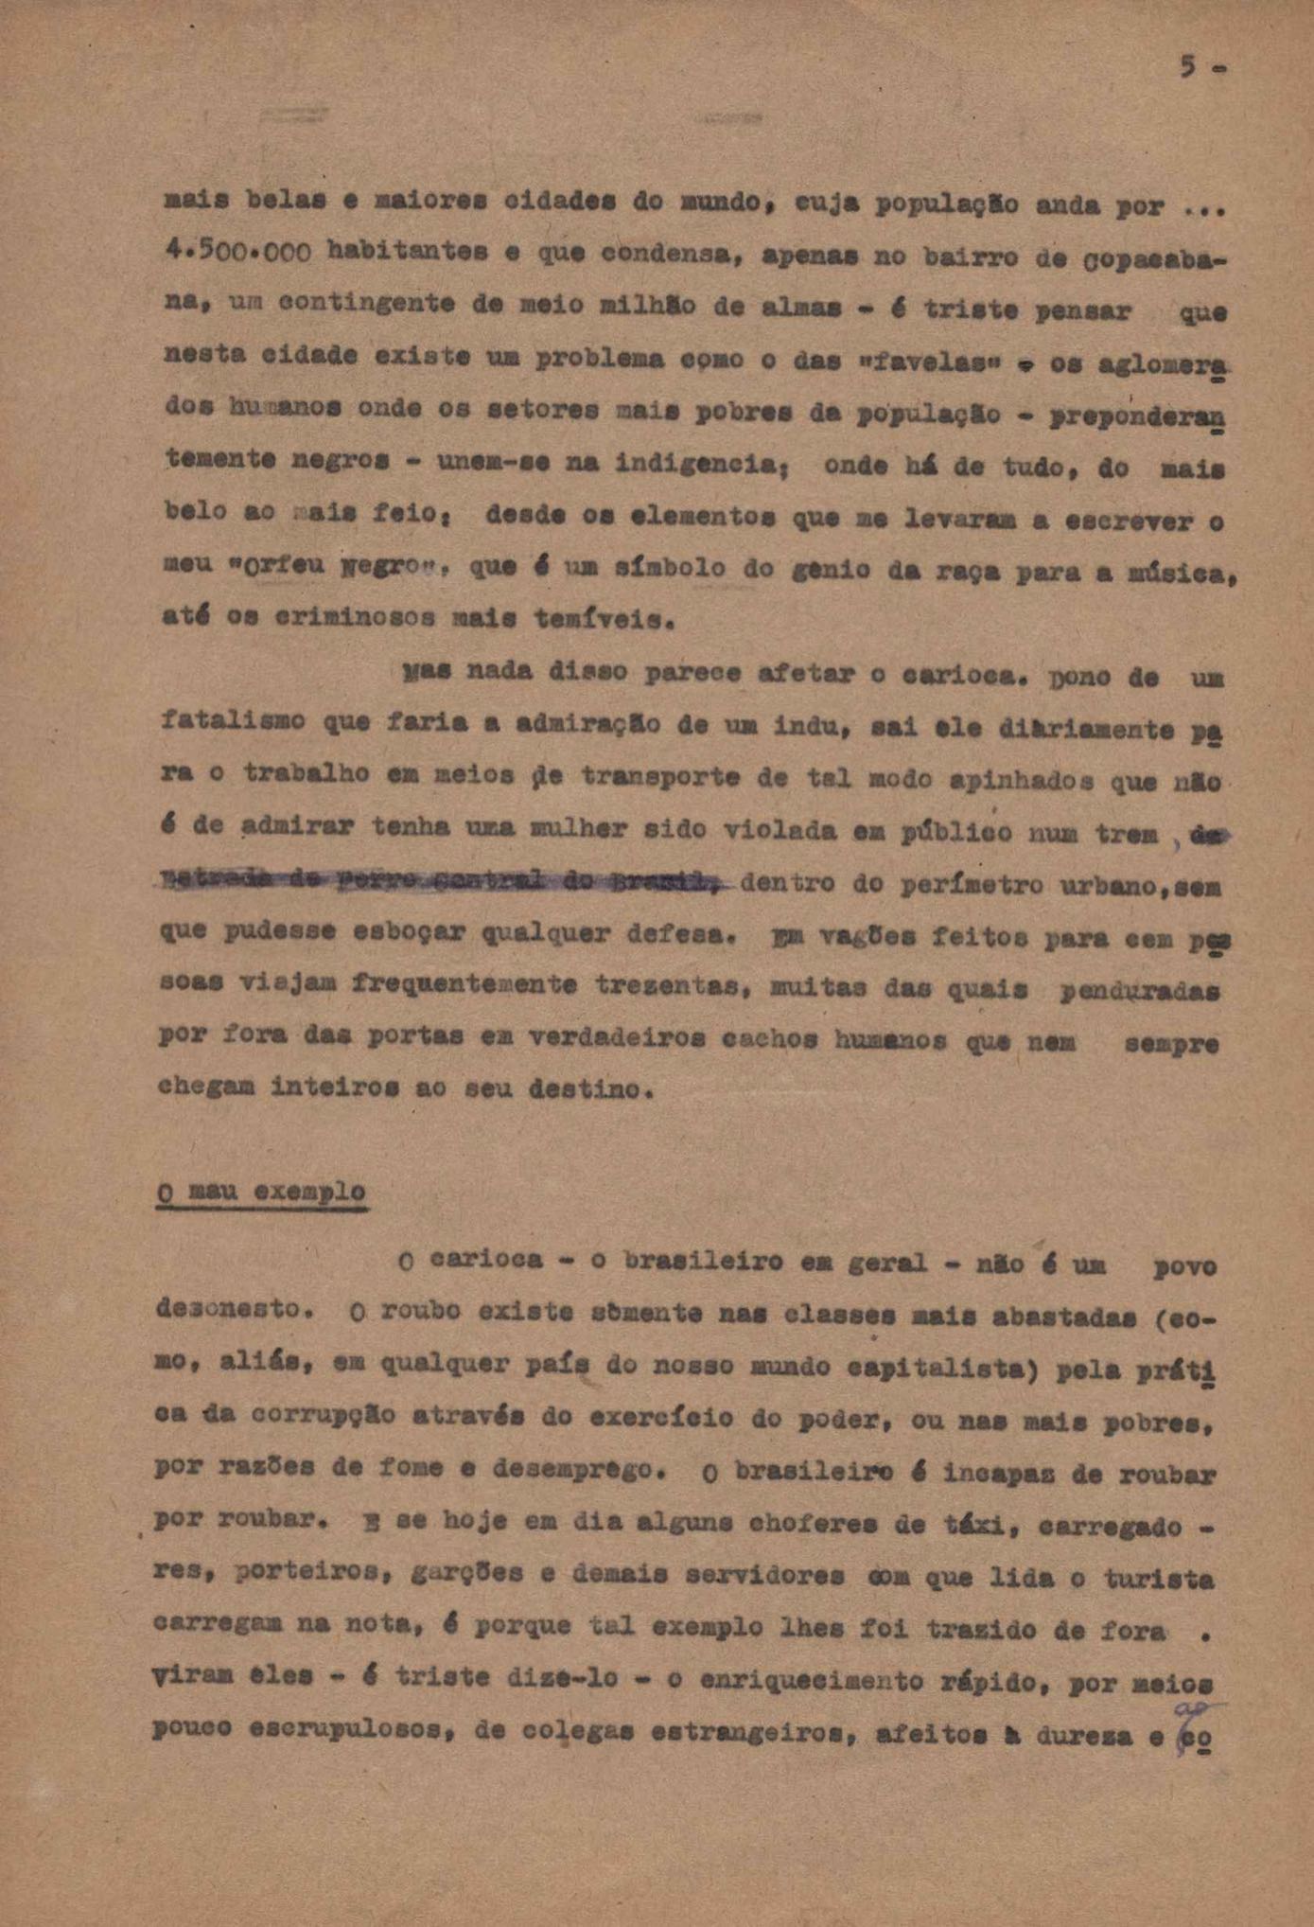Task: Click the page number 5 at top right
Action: pos(1188,66)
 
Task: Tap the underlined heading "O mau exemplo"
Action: pos(261,1192)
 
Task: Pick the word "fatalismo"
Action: pos(232,722)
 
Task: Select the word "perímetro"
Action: pos(954,887)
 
